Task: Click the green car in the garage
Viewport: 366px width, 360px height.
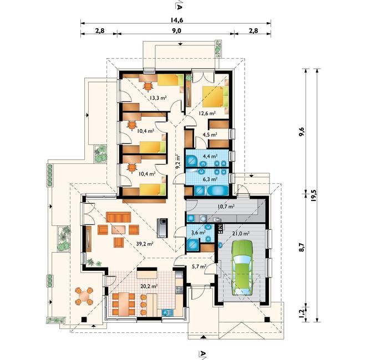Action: tap(242, 268)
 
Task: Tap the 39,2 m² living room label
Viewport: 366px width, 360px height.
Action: tap(145, 244)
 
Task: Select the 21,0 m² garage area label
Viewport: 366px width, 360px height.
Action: tap(241, 233)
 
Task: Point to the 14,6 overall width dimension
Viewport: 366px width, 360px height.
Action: tap(176, 20)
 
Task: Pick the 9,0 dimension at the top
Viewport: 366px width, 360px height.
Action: tap(177, 31)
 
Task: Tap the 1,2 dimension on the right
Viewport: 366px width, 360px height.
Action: tap(302, 313)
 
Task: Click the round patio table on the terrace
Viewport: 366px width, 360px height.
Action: tap(84, 296)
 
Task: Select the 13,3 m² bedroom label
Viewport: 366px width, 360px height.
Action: tap(158, 97)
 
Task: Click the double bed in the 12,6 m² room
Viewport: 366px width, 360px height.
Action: tap(215, 96)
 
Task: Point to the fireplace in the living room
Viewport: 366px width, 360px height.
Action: tap(162, 228)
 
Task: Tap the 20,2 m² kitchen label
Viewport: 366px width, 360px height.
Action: tap(149, 286)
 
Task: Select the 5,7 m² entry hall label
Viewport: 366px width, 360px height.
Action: tap(199, 266)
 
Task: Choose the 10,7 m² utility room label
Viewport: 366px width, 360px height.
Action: tap(226, 207)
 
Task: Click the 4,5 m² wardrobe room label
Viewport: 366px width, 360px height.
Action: tap(210, 135)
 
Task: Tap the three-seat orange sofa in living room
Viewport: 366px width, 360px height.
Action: tap(118, 217)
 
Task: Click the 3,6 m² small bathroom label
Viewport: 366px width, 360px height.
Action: tap(198, 232)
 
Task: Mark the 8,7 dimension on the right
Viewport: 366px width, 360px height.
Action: tap(302, 247)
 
